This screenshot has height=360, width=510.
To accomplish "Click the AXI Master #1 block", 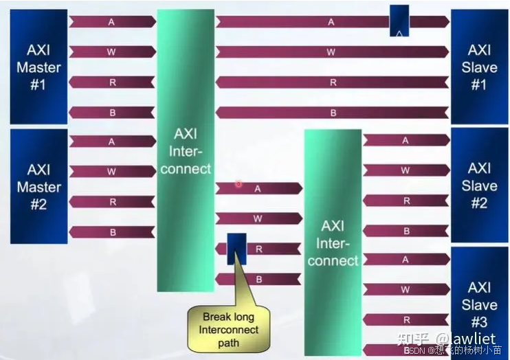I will [x=38, y=67].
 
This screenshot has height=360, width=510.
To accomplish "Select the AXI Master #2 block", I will [x=38, y=185].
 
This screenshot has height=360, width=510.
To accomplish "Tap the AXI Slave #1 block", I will [x=478, y=67].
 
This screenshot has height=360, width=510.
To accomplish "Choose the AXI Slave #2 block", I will [x=478, y=185].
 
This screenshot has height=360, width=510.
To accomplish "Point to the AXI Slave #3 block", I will [x=478, y=302].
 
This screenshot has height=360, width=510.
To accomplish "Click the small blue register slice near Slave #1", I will [x=399, y=21].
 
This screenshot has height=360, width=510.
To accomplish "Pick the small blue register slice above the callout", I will [x=236, y=249].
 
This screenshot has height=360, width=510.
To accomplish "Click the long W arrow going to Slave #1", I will [x=332, y=52].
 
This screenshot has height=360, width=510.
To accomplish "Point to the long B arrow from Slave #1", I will [x=332, y=112].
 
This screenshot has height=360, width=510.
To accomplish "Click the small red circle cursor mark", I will [x=239, y=184].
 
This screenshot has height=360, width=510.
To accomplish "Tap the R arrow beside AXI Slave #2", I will [x=406, y=201].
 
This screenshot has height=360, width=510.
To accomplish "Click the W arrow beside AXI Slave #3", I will [x=406, y=289].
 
